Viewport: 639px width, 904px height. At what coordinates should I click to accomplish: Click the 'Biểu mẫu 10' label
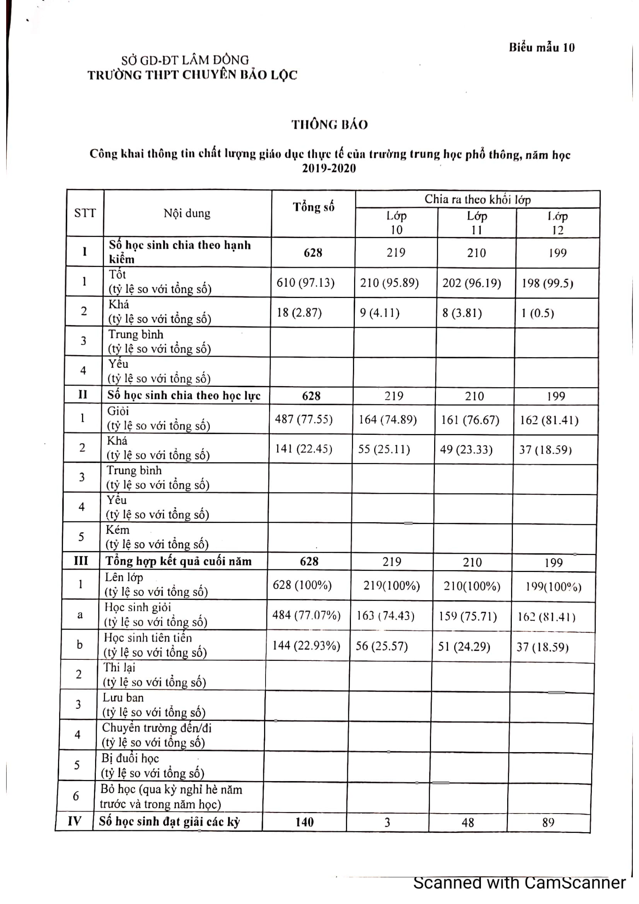[541, 48]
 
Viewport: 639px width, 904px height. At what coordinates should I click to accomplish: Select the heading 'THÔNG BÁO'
[329, 125]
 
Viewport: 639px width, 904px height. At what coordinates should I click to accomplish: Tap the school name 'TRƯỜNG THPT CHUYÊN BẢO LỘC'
[192, 75]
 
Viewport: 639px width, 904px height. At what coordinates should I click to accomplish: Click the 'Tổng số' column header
[314, 207]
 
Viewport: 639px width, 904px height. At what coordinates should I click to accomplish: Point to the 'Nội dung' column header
[187, 213]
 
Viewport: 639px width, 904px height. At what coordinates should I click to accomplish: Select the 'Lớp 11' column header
[477, 223]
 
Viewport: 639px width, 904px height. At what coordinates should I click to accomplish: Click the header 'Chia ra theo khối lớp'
[477, 199]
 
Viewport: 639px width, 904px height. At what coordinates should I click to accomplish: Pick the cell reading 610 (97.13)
[305, 283]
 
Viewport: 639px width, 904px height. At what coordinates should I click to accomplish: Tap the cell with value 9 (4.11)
[380, 313]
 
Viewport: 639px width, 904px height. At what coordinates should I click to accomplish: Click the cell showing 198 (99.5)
[547, 283]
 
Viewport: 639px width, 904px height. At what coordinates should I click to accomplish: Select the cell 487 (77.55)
[303, 419]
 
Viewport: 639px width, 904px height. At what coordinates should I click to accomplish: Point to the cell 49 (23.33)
[466, 449]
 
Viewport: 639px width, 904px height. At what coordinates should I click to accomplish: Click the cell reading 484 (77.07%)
[306, 615]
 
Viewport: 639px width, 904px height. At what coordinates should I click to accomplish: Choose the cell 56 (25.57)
[382, 646]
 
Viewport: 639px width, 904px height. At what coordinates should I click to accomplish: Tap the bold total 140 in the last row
[304, 822]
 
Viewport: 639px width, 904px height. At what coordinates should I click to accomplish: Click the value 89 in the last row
[548, 822]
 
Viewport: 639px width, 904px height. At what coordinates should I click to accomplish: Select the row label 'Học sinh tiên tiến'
[148, 638]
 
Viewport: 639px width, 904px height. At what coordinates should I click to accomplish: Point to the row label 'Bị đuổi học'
[130, 758]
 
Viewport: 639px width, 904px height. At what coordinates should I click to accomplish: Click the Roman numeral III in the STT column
[81, 561]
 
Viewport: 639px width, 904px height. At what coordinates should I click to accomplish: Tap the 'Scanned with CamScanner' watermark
[519, 883]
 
